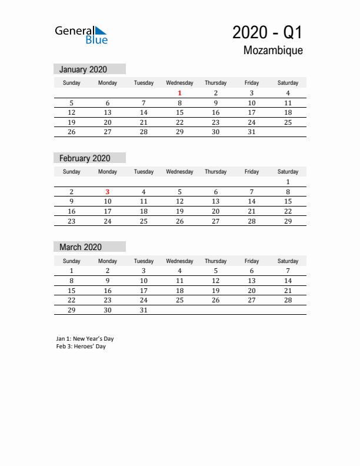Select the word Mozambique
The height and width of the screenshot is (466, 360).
273,51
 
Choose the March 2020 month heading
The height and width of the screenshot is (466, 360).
80,247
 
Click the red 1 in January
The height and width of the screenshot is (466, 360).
179,93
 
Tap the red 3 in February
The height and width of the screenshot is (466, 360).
108,191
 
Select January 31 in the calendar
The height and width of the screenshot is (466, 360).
251,132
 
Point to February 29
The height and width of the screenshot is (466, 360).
288,221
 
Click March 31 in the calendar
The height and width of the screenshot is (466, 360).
144,310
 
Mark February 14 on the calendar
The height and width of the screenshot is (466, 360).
251,201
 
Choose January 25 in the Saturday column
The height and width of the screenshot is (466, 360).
288,122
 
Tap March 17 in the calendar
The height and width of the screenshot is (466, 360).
144,291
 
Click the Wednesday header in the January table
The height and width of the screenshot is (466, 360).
179,83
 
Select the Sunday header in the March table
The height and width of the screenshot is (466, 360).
72,261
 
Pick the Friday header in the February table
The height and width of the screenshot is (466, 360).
251,172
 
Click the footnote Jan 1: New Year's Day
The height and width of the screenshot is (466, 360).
85,339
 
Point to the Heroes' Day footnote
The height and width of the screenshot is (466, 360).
81,347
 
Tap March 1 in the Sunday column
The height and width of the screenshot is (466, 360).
72,271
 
